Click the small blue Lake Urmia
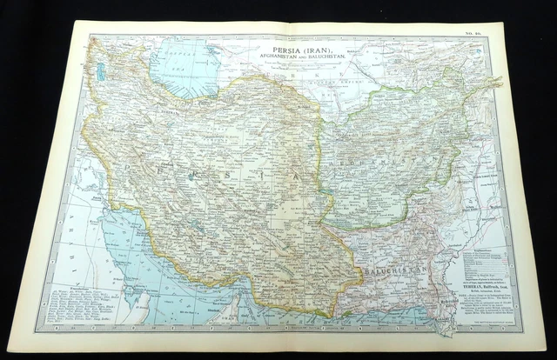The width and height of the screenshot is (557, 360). click(x=101, y=73)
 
